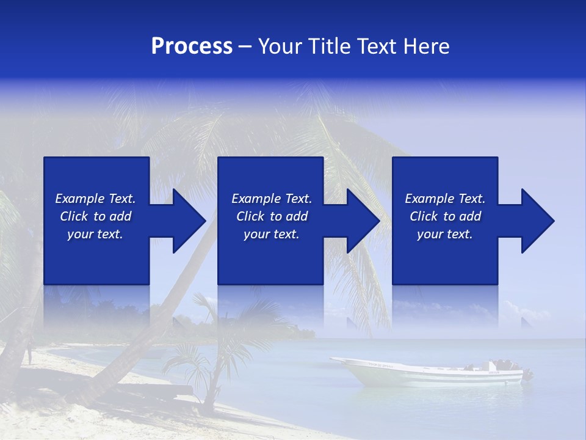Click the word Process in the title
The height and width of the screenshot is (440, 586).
(192, 46)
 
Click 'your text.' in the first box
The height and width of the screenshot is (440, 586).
(95, 234)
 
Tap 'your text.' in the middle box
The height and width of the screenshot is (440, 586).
(272, 234)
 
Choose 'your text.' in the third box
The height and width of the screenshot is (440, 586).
(445, 234)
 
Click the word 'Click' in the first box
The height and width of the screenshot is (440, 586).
(74, 216)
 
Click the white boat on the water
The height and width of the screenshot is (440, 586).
(427, 373)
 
